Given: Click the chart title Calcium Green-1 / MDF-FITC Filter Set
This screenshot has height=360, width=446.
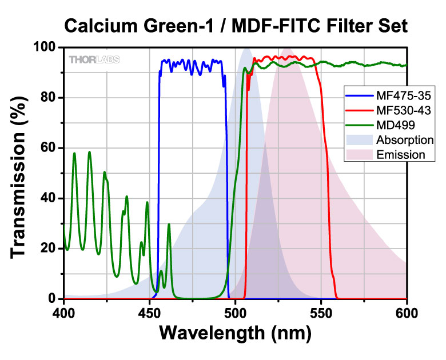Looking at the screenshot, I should click(236, 25).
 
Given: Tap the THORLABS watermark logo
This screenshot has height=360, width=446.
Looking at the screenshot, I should click(94, 59).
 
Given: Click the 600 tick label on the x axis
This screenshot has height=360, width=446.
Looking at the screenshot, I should click(406, 313).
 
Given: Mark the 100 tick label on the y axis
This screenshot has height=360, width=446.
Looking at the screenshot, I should click(46, 47).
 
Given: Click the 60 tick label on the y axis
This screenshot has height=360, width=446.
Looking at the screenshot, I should click(49, 148).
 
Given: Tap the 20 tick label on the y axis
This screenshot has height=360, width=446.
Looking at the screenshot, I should click(49, 249).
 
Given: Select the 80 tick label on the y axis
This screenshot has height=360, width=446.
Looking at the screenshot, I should click(49, 98).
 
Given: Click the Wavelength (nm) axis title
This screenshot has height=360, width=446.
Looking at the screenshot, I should click(235, 334).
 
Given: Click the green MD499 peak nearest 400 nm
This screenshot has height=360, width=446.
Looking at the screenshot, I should click(74, 154).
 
